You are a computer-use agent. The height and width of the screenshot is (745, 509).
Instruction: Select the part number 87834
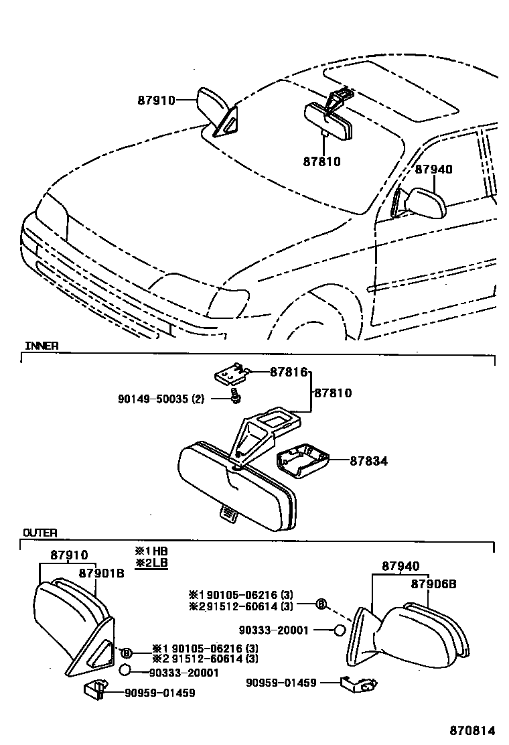(368, 461)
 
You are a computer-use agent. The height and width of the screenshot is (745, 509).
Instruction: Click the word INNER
(42, 346)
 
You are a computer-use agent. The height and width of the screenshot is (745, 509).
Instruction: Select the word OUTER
(40, 533)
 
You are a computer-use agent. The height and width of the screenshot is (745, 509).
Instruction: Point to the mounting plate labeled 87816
(230, 373)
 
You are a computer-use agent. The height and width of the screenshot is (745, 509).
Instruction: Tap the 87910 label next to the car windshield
(156, 100)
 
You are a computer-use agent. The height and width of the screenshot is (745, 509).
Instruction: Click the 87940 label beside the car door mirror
(433, 169)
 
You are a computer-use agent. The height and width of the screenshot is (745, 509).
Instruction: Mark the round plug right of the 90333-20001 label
(339, 630)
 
